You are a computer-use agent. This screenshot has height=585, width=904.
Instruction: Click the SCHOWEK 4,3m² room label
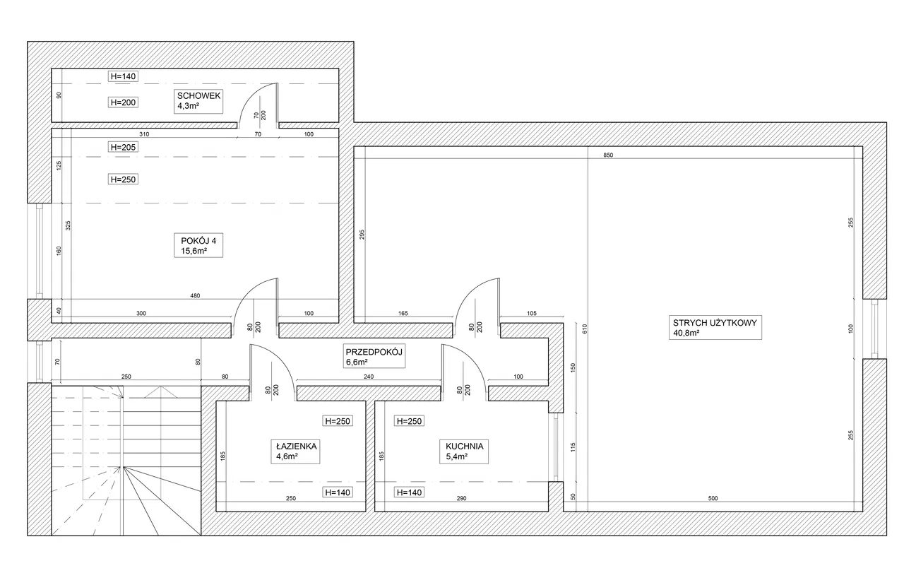(x=198, y=101)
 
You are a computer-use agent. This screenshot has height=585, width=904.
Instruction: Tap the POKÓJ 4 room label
(x=198, y=245)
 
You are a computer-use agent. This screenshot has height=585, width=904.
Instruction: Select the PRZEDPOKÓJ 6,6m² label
(x=374, y=356)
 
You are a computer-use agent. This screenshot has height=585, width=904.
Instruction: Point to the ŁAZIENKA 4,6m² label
(x=295, y=451)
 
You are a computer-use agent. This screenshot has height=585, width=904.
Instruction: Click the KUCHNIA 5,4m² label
(x=464, y=451)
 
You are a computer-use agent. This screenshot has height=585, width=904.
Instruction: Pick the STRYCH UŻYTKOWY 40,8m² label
(x=715, y=327)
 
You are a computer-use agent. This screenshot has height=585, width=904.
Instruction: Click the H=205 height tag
(x=123, y=147)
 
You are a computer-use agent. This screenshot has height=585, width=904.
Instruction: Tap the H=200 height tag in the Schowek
(x=123, y=102)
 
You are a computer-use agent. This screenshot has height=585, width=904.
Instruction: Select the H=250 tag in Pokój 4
(x=123, y=179)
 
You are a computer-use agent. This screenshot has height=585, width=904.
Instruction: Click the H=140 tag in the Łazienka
(x=338, y=492)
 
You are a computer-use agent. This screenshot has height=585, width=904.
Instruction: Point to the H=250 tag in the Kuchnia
(x=409, y=421)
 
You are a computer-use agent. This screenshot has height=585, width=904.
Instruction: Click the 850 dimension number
(x=608, y=155)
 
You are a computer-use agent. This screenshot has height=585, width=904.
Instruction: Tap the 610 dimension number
(x=585, y=329)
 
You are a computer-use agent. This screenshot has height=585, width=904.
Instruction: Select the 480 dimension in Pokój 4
(x=195, y=295)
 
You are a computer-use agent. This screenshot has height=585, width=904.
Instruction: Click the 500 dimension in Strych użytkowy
(x=713, y=498)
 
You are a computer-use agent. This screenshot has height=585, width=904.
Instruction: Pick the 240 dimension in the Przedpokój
(x=369, y=377)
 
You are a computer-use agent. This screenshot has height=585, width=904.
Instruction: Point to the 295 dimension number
(x=362, y=235)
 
